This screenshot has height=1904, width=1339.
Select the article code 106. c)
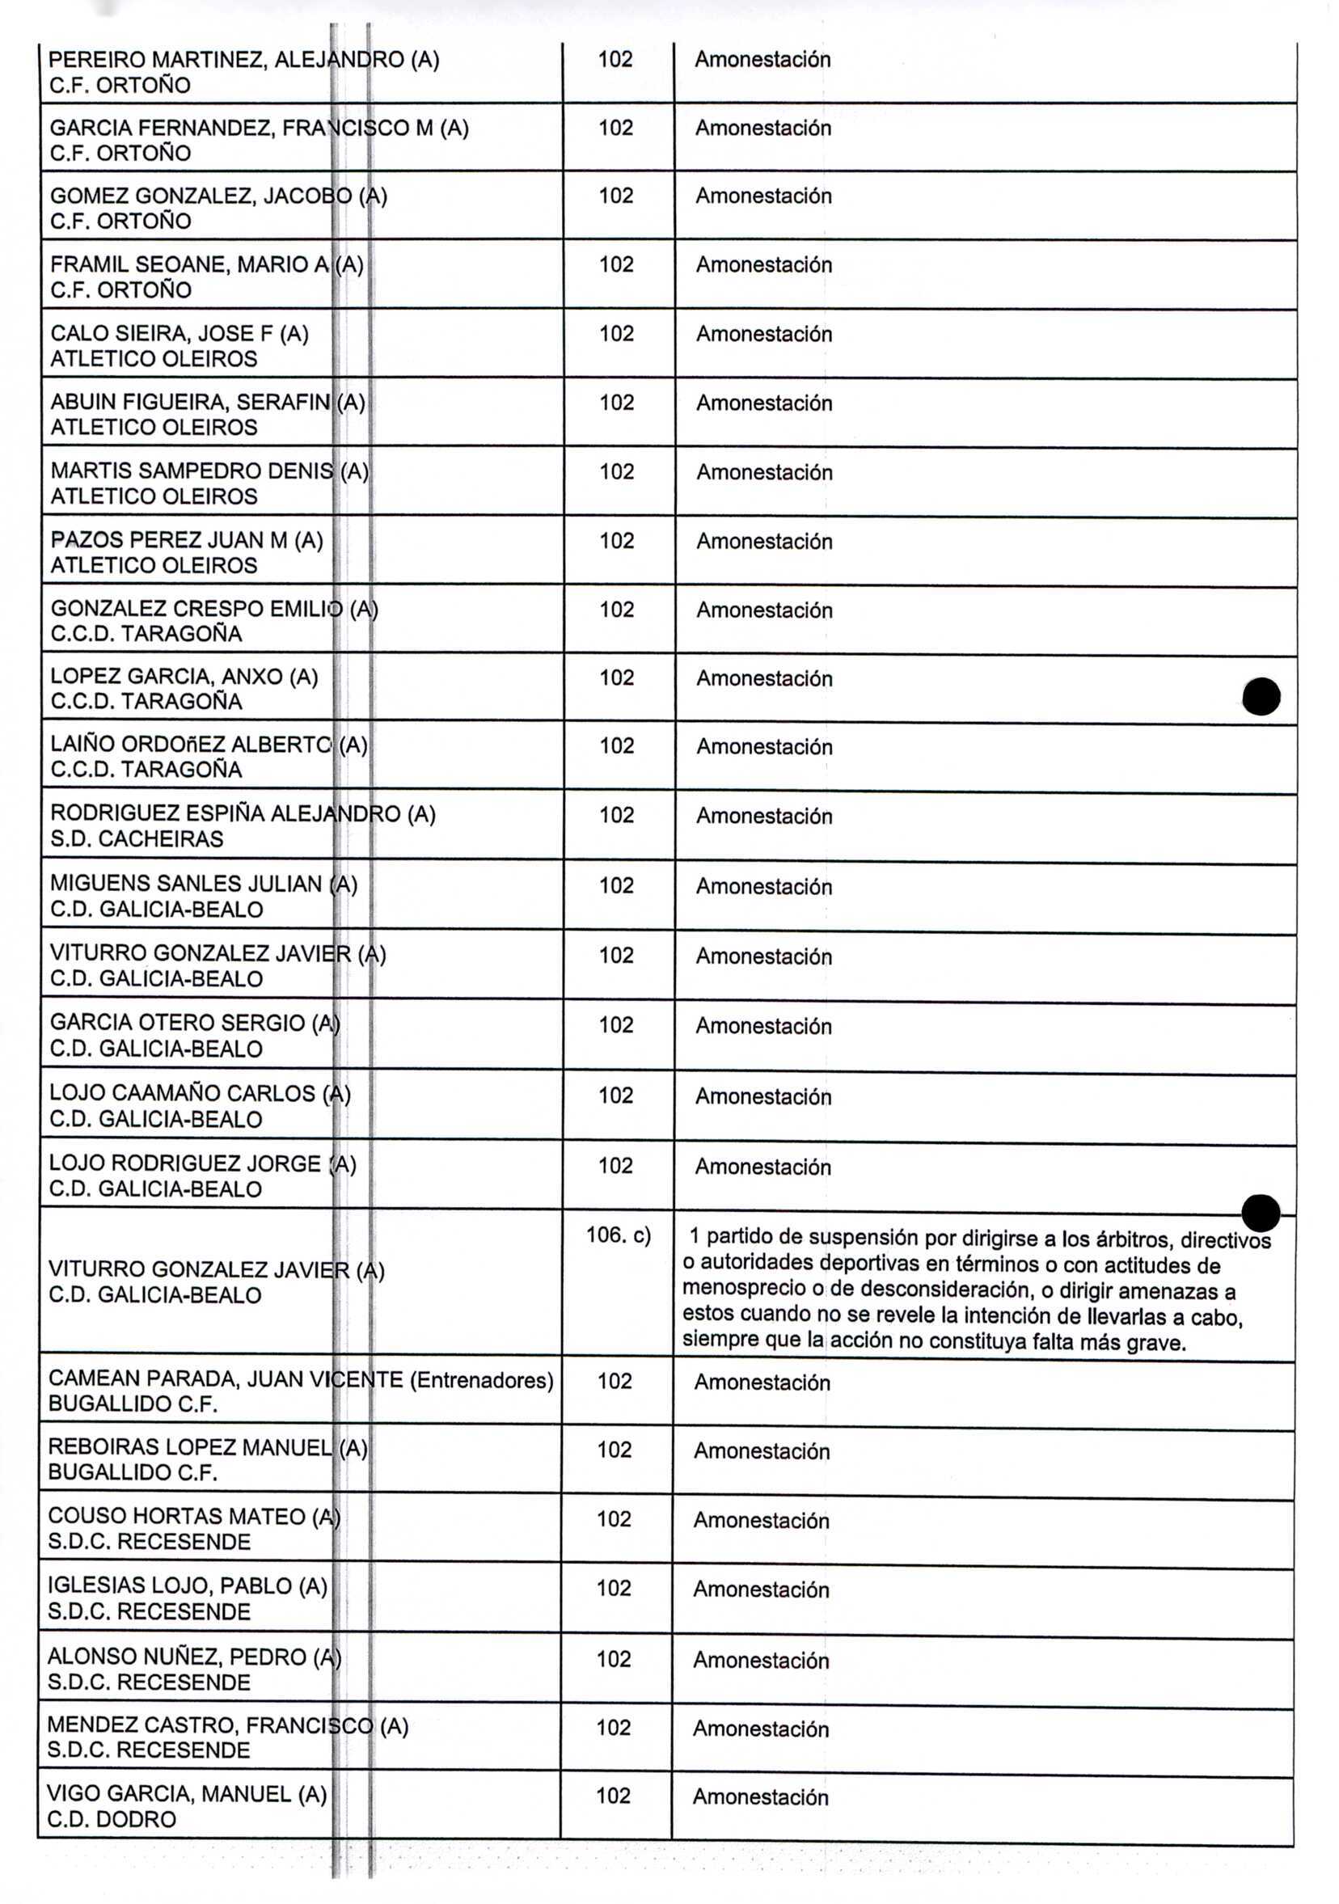click(x=618, y=1235)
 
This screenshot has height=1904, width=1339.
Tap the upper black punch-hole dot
click(x=1261, y=696)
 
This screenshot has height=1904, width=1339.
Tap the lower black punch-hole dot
click(x=1261, y=1213)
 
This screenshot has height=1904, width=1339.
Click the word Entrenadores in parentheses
click(x=482, y=1380)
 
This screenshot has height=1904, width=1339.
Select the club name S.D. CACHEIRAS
click(x=137, y=838)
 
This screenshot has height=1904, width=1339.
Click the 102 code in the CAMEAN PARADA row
click(x=615, y=1381)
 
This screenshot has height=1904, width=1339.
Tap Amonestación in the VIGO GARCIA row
click(x=761, y=1796)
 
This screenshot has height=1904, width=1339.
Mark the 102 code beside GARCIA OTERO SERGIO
click(x=615, y=1025)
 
